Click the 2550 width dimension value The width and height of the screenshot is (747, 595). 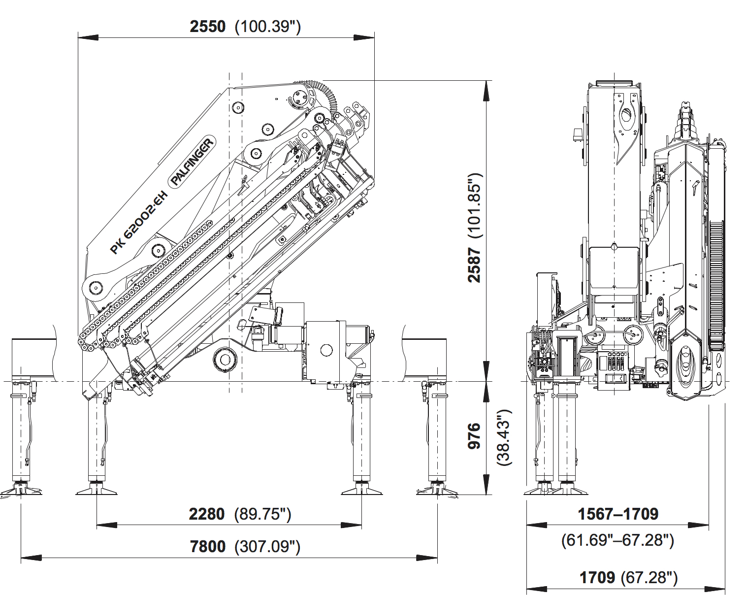[207, 26]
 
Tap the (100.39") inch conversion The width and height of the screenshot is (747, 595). [267, 26]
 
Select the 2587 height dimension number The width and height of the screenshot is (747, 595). [474, 264]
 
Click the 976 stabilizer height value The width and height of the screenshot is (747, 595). [474, 435]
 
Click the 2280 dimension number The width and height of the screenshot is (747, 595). [206, 514]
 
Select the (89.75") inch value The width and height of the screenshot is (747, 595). [263, 514]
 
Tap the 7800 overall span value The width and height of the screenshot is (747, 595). [207, 547]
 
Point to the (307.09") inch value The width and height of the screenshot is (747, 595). [267, 547]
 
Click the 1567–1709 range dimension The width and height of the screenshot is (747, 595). [617, 514]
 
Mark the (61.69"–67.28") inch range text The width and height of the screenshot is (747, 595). [617, 540]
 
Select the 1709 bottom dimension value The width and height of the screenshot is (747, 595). [597, 577]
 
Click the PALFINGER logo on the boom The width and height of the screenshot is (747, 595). [193, 162]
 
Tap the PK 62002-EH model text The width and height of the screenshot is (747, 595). [139, 223]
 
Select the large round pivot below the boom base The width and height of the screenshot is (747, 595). [225, 358]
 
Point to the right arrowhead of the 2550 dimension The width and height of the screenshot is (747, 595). [364, 37]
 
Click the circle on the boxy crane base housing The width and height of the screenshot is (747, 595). [326, 350]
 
